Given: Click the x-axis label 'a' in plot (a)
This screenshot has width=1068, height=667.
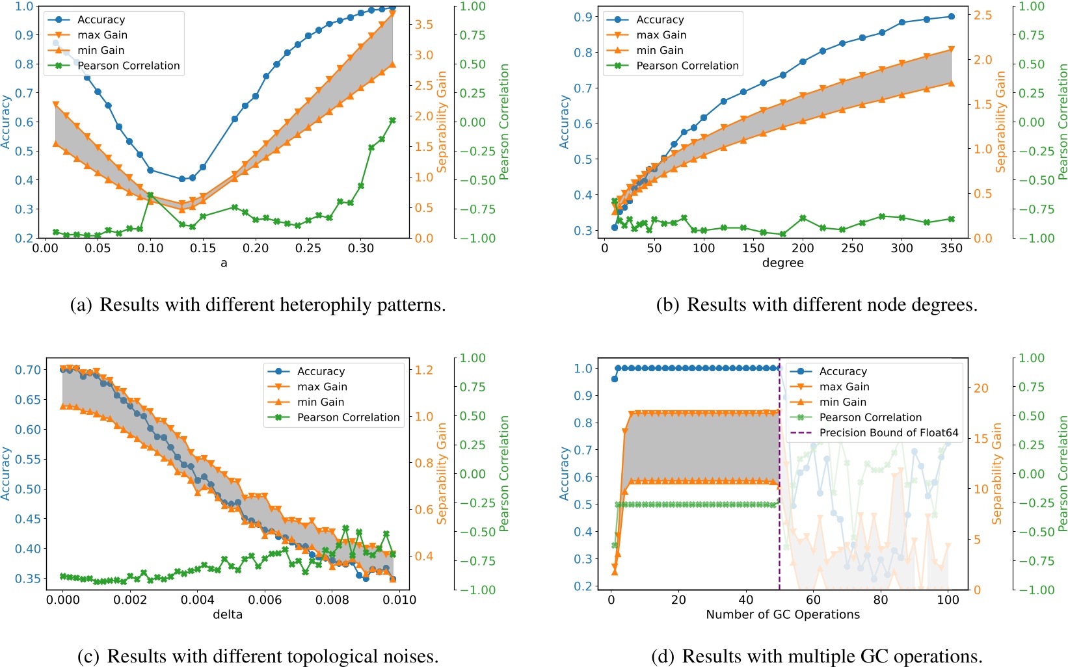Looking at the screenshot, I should click(x=224, y=263).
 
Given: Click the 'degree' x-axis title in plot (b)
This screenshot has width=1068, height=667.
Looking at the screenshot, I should click(x=782, y=263).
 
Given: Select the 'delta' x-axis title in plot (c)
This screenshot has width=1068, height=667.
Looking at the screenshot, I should click(x=228, y=615).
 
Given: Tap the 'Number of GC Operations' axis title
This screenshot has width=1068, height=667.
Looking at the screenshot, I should click(x=782, y=615).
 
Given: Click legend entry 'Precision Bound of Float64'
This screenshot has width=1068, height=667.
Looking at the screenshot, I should click(x=888, y=433).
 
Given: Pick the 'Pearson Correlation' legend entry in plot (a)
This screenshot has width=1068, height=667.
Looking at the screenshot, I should click(x=128, y=66).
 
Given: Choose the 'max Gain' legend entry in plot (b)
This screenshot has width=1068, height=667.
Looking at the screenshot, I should click(x=661, y=35).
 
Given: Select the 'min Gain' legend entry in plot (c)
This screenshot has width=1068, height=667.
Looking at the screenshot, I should click(x=321, y=402).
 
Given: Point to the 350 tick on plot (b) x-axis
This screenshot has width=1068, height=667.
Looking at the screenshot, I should click(x=951, y=248).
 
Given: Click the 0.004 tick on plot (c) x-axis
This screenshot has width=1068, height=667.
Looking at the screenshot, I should click(x=198, y=600).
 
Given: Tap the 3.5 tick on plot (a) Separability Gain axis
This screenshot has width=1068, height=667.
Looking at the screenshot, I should click(x=425, y=25).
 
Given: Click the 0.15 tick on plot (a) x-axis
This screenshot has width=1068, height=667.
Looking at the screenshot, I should click(x=203, y=248).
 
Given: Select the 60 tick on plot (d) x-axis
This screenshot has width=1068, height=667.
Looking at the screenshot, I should click(x=813, y=600).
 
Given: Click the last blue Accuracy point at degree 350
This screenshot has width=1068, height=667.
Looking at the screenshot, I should click(x=951, y=17).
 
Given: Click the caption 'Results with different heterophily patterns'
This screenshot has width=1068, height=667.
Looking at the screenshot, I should click(x=272, y=305).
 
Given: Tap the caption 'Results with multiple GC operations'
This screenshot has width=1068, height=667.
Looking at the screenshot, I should click(x=831, y=657).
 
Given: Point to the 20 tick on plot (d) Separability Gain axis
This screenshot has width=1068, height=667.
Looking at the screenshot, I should click(x=981, y=389).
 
